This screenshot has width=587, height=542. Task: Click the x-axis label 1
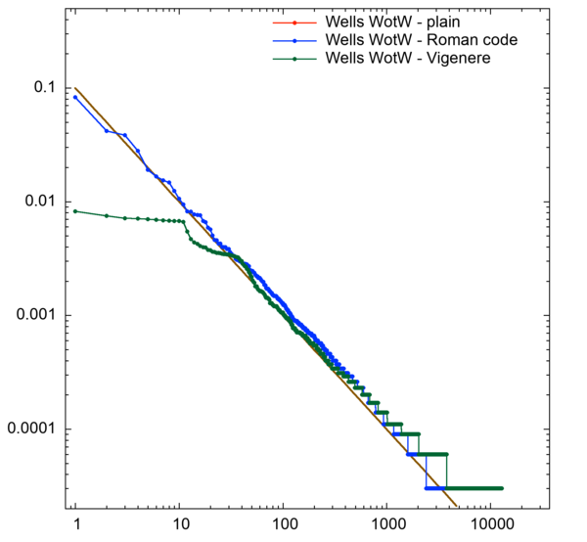(75, 526)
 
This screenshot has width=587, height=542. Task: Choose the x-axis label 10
(178, 526)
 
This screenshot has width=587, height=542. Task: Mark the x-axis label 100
(282, 526)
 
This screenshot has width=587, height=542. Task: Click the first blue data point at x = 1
(75, 97)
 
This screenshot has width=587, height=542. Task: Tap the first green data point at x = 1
(75, 211)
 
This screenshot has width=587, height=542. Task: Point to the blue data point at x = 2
(107, 130)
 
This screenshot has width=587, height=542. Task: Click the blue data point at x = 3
(124, 135)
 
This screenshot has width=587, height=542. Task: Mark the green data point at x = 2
(107, 215)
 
